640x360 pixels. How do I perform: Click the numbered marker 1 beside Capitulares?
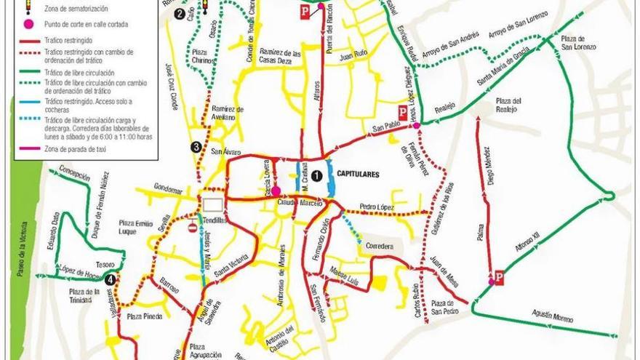pyautogui.click(x=316, y=175)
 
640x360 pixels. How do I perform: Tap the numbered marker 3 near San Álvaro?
pyautogui.click(x=196, y=147)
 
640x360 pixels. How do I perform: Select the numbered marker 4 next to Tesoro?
pyautogui.click(x=110, y=279)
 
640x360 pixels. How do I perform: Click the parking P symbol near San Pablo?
pyautogui.click(x=401, y=111)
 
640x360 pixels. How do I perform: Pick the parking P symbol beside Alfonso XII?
pyautogui.click(x=499, y=277)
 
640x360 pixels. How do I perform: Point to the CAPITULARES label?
pyautogui.click(x=359, y=175)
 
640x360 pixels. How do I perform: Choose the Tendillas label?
pyautogui.click(x=217, y=220)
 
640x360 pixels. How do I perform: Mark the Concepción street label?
pyautogui.click(x=75, y=176)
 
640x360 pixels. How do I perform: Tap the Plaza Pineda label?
pyautogui.click(x=144, y=316)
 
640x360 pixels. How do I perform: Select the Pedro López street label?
pyautogui.click(x=376, y=206)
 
